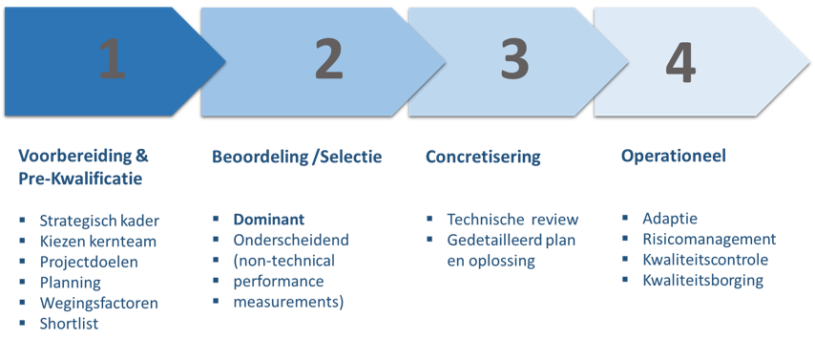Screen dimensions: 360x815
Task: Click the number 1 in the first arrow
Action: pyautogui.click(x=113, y=60)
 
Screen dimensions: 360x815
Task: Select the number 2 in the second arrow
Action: pyautogui.click(x=327, y=60)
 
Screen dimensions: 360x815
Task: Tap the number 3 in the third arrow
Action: pyautogui.click(x=514, y=60)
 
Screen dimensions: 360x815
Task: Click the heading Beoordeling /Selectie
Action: pyautogui.click(x=297, y=157)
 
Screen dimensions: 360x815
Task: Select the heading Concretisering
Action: pyautogui.click(x=482, y=157)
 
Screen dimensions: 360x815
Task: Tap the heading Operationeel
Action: pyautogui.click(x=669, y=157)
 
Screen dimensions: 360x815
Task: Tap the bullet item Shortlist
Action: pyautogui.click(x=70, y=324)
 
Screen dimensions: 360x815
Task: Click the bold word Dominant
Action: pyautogui.click(x=268, y=219)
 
